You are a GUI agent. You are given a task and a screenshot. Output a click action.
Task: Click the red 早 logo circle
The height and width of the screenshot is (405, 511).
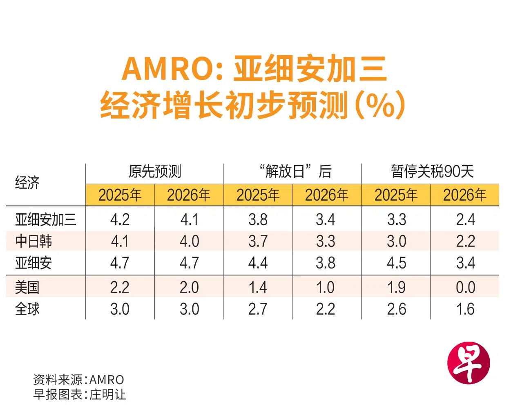tap(468, 363)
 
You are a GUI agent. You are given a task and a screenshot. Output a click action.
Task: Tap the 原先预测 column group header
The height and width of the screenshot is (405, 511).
tap(155, 172)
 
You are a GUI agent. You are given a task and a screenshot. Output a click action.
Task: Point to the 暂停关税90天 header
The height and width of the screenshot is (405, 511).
tap(432, 172)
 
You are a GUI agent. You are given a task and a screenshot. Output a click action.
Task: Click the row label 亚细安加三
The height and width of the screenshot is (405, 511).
tap(45, 220)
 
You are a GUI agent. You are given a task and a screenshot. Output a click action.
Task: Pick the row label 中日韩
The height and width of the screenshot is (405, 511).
tap(33, 241)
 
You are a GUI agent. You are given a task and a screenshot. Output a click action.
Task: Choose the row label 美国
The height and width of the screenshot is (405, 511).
tap(27, 287)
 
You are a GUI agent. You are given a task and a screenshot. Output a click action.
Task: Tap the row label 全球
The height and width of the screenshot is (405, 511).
tap(27, 309)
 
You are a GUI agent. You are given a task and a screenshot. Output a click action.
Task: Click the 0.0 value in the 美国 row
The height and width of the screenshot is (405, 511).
tap(465, 287)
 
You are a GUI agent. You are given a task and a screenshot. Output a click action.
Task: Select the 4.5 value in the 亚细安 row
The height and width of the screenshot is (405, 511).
tap(396, 263)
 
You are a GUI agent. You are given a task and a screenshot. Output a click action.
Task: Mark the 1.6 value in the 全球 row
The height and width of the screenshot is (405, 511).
tap(465, 309)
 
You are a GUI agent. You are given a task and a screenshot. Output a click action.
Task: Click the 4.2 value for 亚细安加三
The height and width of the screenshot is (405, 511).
tap(120, 220)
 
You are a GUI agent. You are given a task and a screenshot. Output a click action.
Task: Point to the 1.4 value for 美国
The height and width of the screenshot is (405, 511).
tap(258, 287)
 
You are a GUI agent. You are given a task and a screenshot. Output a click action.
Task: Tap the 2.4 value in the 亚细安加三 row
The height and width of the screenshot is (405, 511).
tap(465, 220)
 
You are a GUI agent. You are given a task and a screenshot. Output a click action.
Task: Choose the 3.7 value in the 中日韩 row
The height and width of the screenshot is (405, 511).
tap(258, 241)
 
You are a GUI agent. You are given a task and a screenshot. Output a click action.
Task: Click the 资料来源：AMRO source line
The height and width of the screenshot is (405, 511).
tap(78, 380)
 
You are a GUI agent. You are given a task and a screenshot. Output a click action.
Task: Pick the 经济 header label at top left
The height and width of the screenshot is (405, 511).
tap(27, 183)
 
